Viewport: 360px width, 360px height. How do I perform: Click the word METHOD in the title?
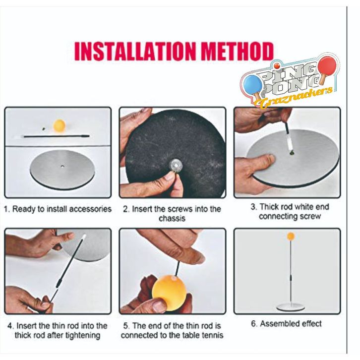pos(237,51)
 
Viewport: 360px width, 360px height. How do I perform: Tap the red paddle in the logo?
pos(327,67)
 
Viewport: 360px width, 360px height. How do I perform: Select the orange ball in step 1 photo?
pos(59,125)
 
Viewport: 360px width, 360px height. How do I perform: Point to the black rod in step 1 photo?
pos(56,136)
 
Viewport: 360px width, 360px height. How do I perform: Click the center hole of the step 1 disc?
pos(62,166)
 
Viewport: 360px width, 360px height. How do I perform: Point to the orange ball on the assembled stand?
pos(291,236)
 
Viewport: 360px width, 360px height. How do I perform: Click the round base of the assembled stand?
pos(290,307)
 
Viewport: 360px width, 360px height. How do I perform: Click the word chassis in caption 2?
pos(172,218)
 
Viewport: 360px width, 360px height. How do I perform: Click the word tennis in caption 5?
pos(212,335)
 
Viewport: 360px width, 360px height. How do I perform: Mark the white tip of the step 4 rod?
pos(84,236)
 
